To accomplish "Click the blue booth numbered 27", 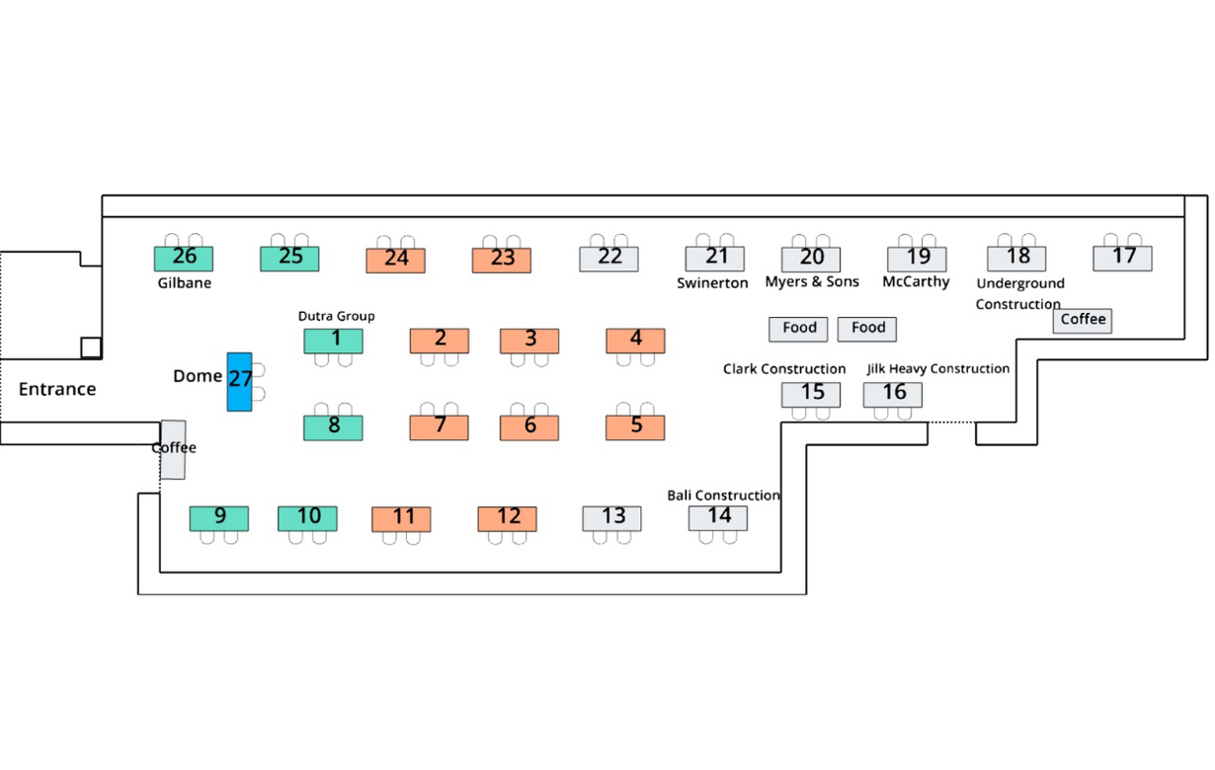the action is pyautogui.click(x=239, y=382).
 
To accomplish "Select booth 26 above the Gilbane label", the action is pyautogui.click(x=184, y=259).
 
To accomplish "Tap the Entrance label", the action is pyautogui.click(x=57, y=389).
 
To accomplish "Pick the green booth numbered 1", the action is pyautogui.click(x=333, y=342).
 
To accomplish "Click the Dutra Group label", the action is pyautogui.click(x=336, y=316).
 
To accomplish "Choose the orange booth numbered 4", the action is pyautogui.click(x=635, y=342).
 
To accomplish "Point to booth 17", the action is pyautogui.click(x=1122, y=259).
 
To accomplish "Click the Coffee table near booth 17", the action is pyautogui.click(x=1082, y=321).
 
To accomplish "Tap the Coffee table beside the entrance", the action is pyautogui.click(x=173, y=449).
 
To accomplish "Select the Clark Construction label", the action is pyautogui.click(x=783, y=369).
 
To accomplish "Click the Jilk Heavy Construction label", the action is pyautogui.click(x=937, y=369).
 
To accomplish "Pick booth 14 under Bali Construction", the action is pyautogui.click(x=717, y=518).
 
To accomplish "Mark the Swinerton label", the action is pyautogui.click(x=712, y=283).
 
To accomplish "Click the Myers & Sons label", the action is pyautogui.click(x=812, y=281).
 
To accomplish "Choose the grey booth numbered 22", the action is pyautogui.click(x=608, y=259).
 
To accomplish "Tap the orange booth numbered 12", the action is pyautogui.click(x=507, y=519).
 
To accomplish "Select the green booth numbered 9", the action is pyautogui.click(x=219, y=519).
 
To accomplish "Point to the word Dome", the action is pyautogui.click(x=198, y=376).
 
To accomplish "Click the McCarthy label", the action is pyautogui.click(x=916, y=282).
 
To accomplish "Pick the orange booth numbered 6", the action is pyautogui.click(x=528, y=427).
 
